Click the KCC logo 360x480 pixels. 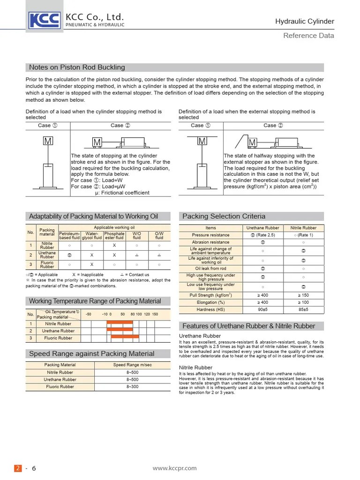click(x=45, y=20)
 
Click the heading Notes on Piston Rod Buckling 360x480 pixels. click(x=77, y=67)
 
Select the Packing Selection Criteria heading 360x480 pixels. click(x=224, y=216)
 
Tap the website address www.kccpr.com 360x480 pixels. click(x=175, y=468)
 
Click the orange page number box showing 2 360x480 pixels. click(x=18, y=468)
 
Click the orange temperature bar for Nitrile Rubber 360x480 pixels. click(x=120, y=322)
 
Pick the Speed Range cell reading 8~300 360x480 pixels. click(x=132, y=387)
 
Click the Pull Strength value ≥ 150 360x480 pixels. click(x=303, y=295)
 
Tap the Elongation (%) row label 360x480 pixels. click(x=211, y=302)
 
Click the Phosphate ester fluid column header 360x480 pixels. click(x=114, y=235)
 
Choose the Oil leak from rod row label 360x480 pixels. click(x=211, y=269)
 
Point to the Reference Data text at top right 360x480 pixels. click(x=308, y=36)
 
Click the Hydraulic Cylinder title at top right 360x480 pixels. click(x=304, y=21)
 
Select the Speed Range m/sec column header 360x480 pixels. click(x=132, y=365)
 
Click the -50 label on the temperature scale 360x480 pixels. click(x=89, y=314)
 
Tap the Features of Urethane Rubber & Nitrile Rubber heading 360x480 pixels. click(x=248, y=326)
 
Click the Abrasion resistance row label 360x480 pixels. click(x=211, y=242)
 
